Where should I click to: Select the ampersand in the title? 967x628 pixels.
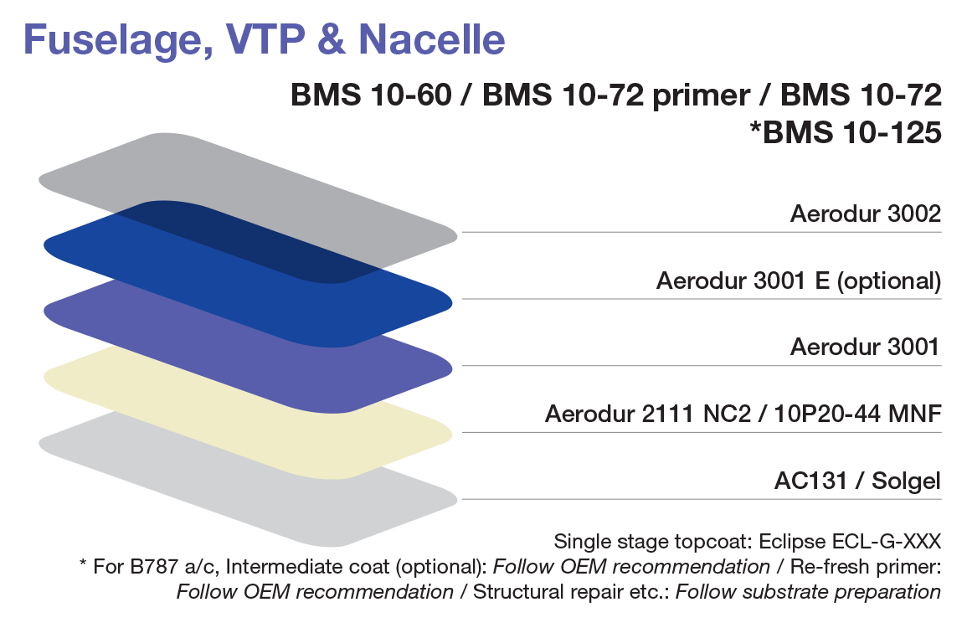(x=331, y=40)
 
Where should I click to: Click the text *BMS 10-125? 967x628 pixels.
(x=846, y=132)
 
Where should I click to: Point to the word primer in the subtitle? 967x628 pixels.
(x=693, y=95)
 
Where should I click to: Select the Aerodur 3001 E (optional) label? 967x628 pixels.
(x=798, y=281)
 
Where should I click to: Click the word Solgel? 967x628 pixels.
(x=908, y=482)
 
